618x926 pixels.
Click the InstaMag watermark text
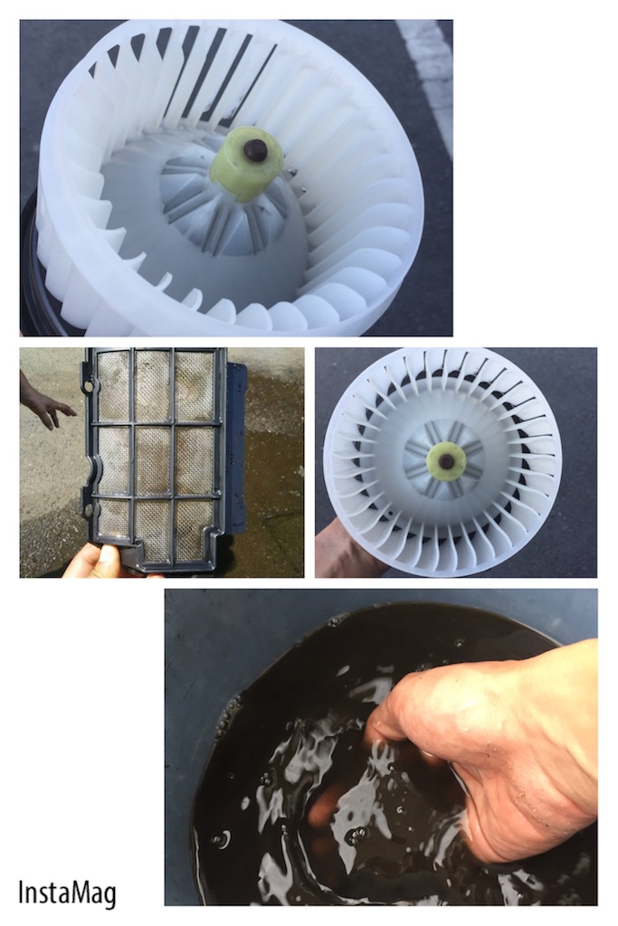point(67,894)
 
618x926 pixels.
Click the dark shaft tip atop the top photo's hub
point(254,149)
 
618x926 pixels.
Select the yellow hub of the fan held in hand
point(446,458)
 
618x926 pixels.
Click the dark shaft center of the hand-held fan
point(447,458)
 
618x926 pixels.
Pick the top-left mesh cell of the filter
point(113,386)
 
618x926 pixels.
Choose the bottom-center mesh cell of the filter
point(153,528)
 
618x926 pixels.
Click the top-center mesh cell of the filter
point(153,386)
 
